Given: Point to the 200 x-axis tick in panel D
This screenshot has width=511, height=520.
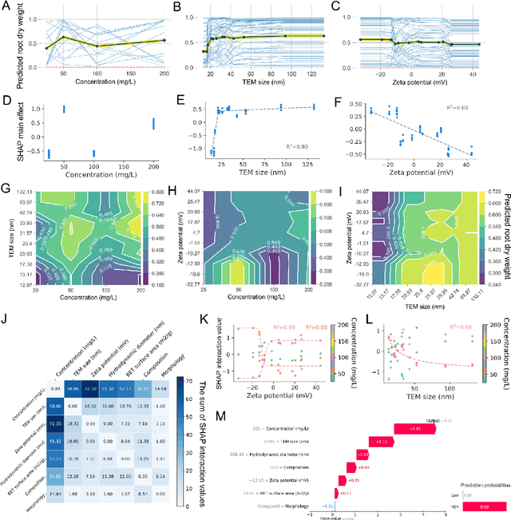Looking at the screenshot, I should (x=164, y=168).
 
